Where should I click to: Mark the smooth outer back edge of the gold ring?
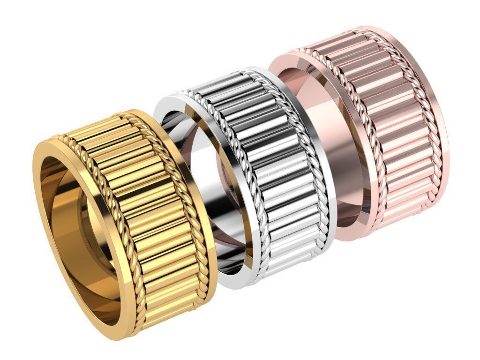pos(209,234)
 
